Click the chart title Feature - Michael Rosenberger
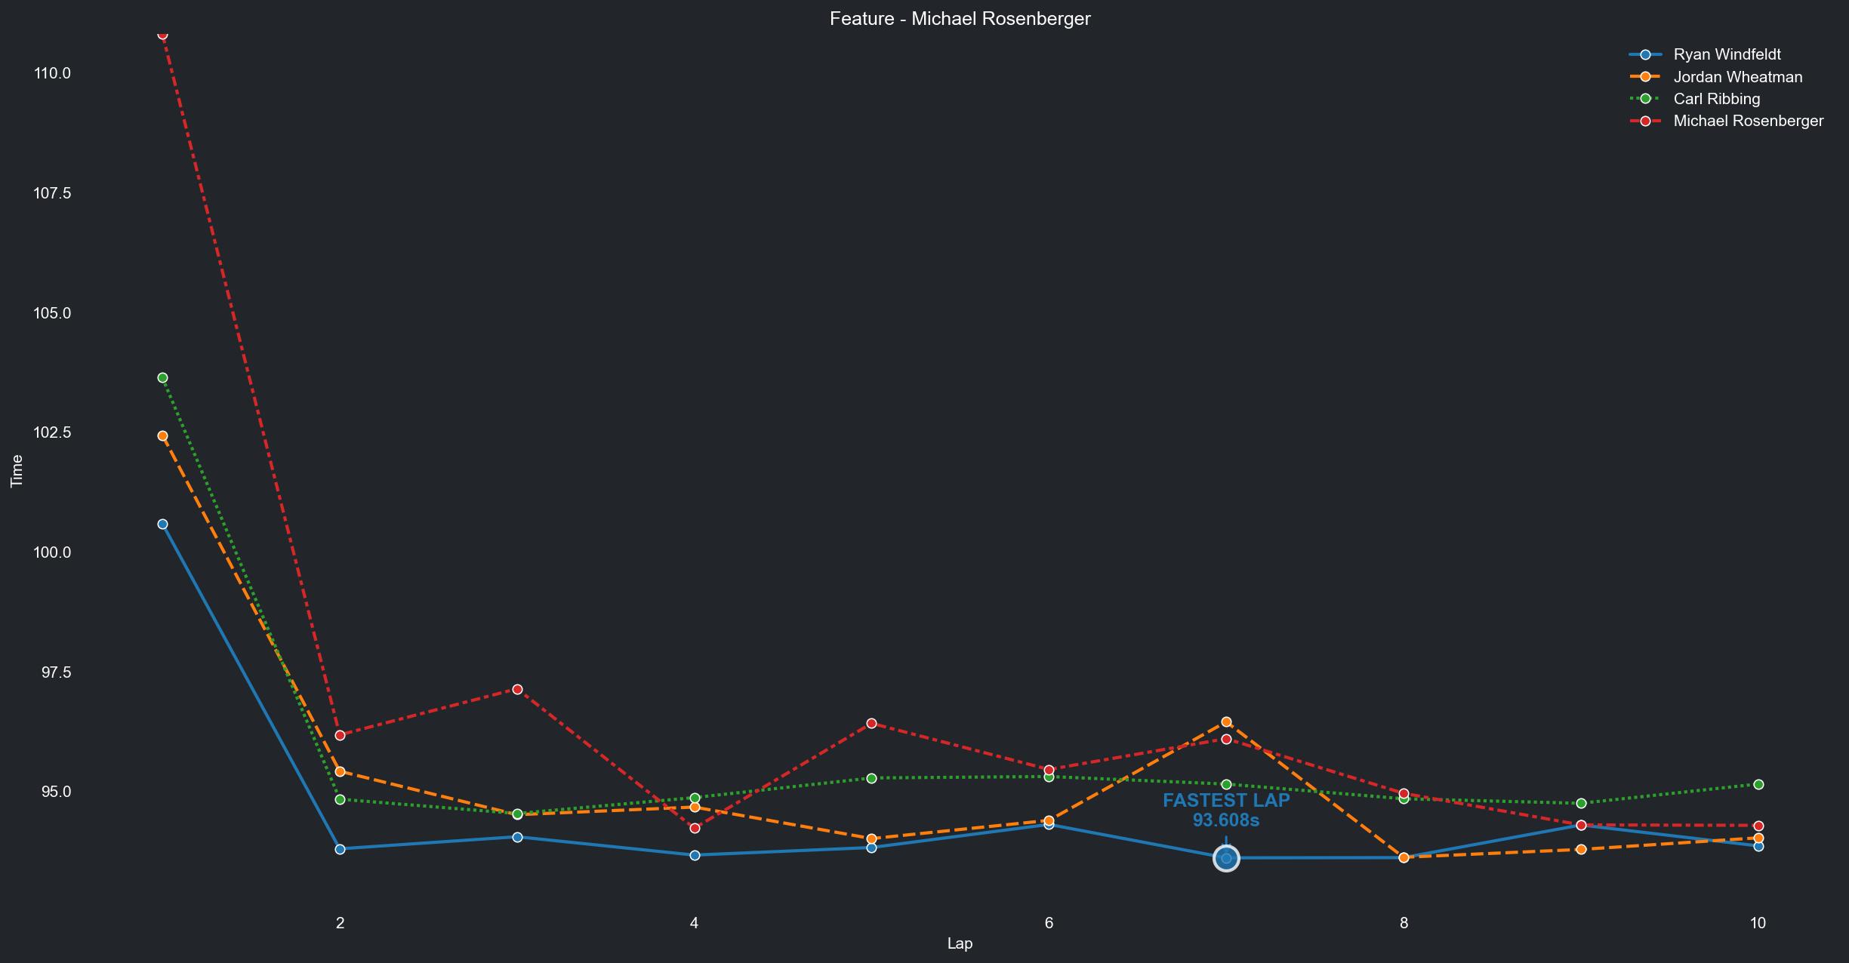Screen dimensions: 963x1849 [960, 19]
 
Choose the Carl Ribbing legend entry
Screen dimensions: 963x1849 [1716, 99]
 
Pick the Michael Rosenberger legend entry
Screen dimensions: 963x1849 [1748, 121]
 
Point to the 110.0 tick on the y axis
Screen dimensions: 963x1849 [52, 73]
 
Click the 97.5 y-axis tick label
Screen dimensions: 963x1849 [52, 672]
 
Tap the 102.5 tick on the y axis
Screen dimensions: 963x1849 [52, 432]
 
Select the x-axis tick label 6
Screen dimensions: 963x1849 [1049, 922]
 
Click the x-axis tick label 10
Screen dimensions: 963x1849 [1758, 922]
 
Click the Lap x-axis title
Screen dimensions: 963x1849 [960, 943]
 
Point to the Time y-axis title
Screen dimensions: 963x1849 [17, 471]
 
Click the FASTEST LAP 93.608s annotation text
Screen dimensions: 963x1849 [1226, 811]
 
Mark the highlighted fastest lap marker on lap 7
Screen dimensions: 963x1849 [1226, 858]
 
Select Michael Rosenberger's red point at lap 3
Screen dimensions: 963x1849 [517, 689]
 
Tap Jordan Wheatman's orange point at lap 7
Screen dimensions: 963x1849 [1226, 722]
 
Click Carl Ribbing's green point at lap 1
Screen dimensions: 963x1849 [162, 377]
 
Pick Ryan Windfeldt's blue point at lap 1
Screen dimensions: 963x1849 [162, 524]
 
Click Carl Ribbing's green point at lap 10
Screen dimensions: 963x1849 [1758, 785]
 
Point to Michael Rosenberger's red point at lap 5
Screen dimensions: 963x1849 [871, 723]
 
